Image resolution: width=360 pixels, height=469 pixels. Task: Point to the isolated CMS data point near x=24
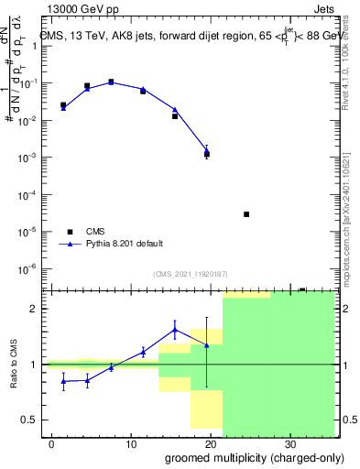[246, 214]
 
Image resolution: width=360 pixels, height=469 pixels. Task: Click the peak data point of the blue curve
[111, 82]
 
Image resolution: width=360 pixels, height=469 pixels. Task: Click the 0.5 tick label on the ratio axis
[28, 420]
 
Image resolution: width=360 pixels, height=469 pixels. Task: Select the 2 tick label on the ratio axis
[33, 309]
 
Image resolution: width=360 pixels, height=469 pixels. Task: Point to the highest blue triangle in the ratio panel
[175, 330]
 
